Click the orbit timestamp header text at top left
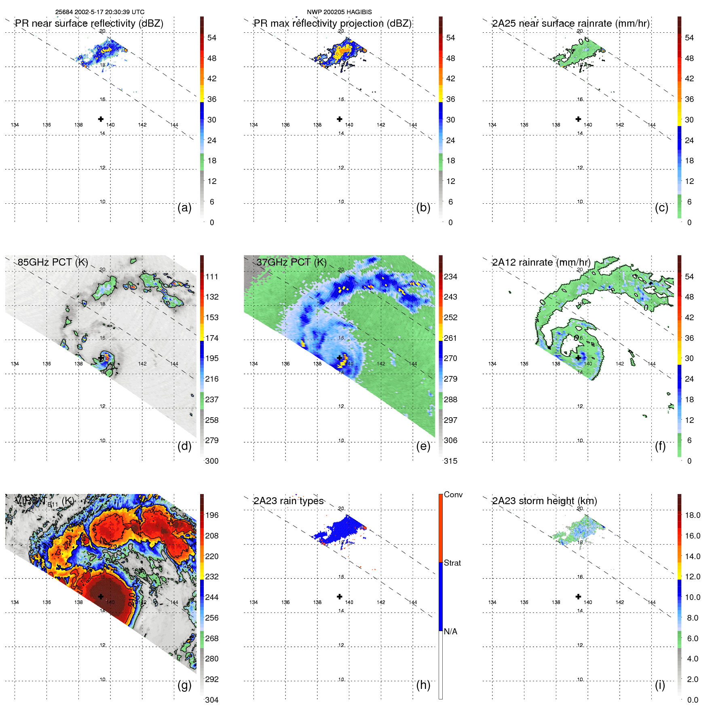point(99,12)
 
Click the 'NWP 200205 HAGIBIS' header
point(339,12)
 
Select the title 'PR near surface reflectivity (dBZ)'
point(89,23)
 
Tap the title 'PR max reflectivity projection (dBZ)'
point(332,23)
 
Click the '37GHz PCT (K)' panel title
point(291,262)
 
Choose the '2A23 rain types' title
point(288,501)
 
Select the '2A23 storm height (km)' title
point(544,501)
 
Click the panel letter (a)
point(184,207)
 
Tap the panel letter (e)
point(423,446)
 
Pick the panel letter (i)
point(660,685)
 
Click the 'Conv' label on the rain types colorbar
point(453,494)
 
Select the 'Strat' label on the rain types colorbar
point(452,563)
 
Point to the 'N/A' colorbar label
point(450,632)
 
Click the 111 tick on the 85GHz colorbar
point(212,277)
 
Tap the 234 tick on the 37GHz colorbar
point(450,277)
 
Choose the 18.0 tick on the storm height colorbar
point(692,515)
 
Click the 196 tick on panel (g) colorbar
point(212,515)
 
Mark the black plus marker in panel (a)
point(101,119)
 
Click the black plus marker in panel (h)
point(340,596)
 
